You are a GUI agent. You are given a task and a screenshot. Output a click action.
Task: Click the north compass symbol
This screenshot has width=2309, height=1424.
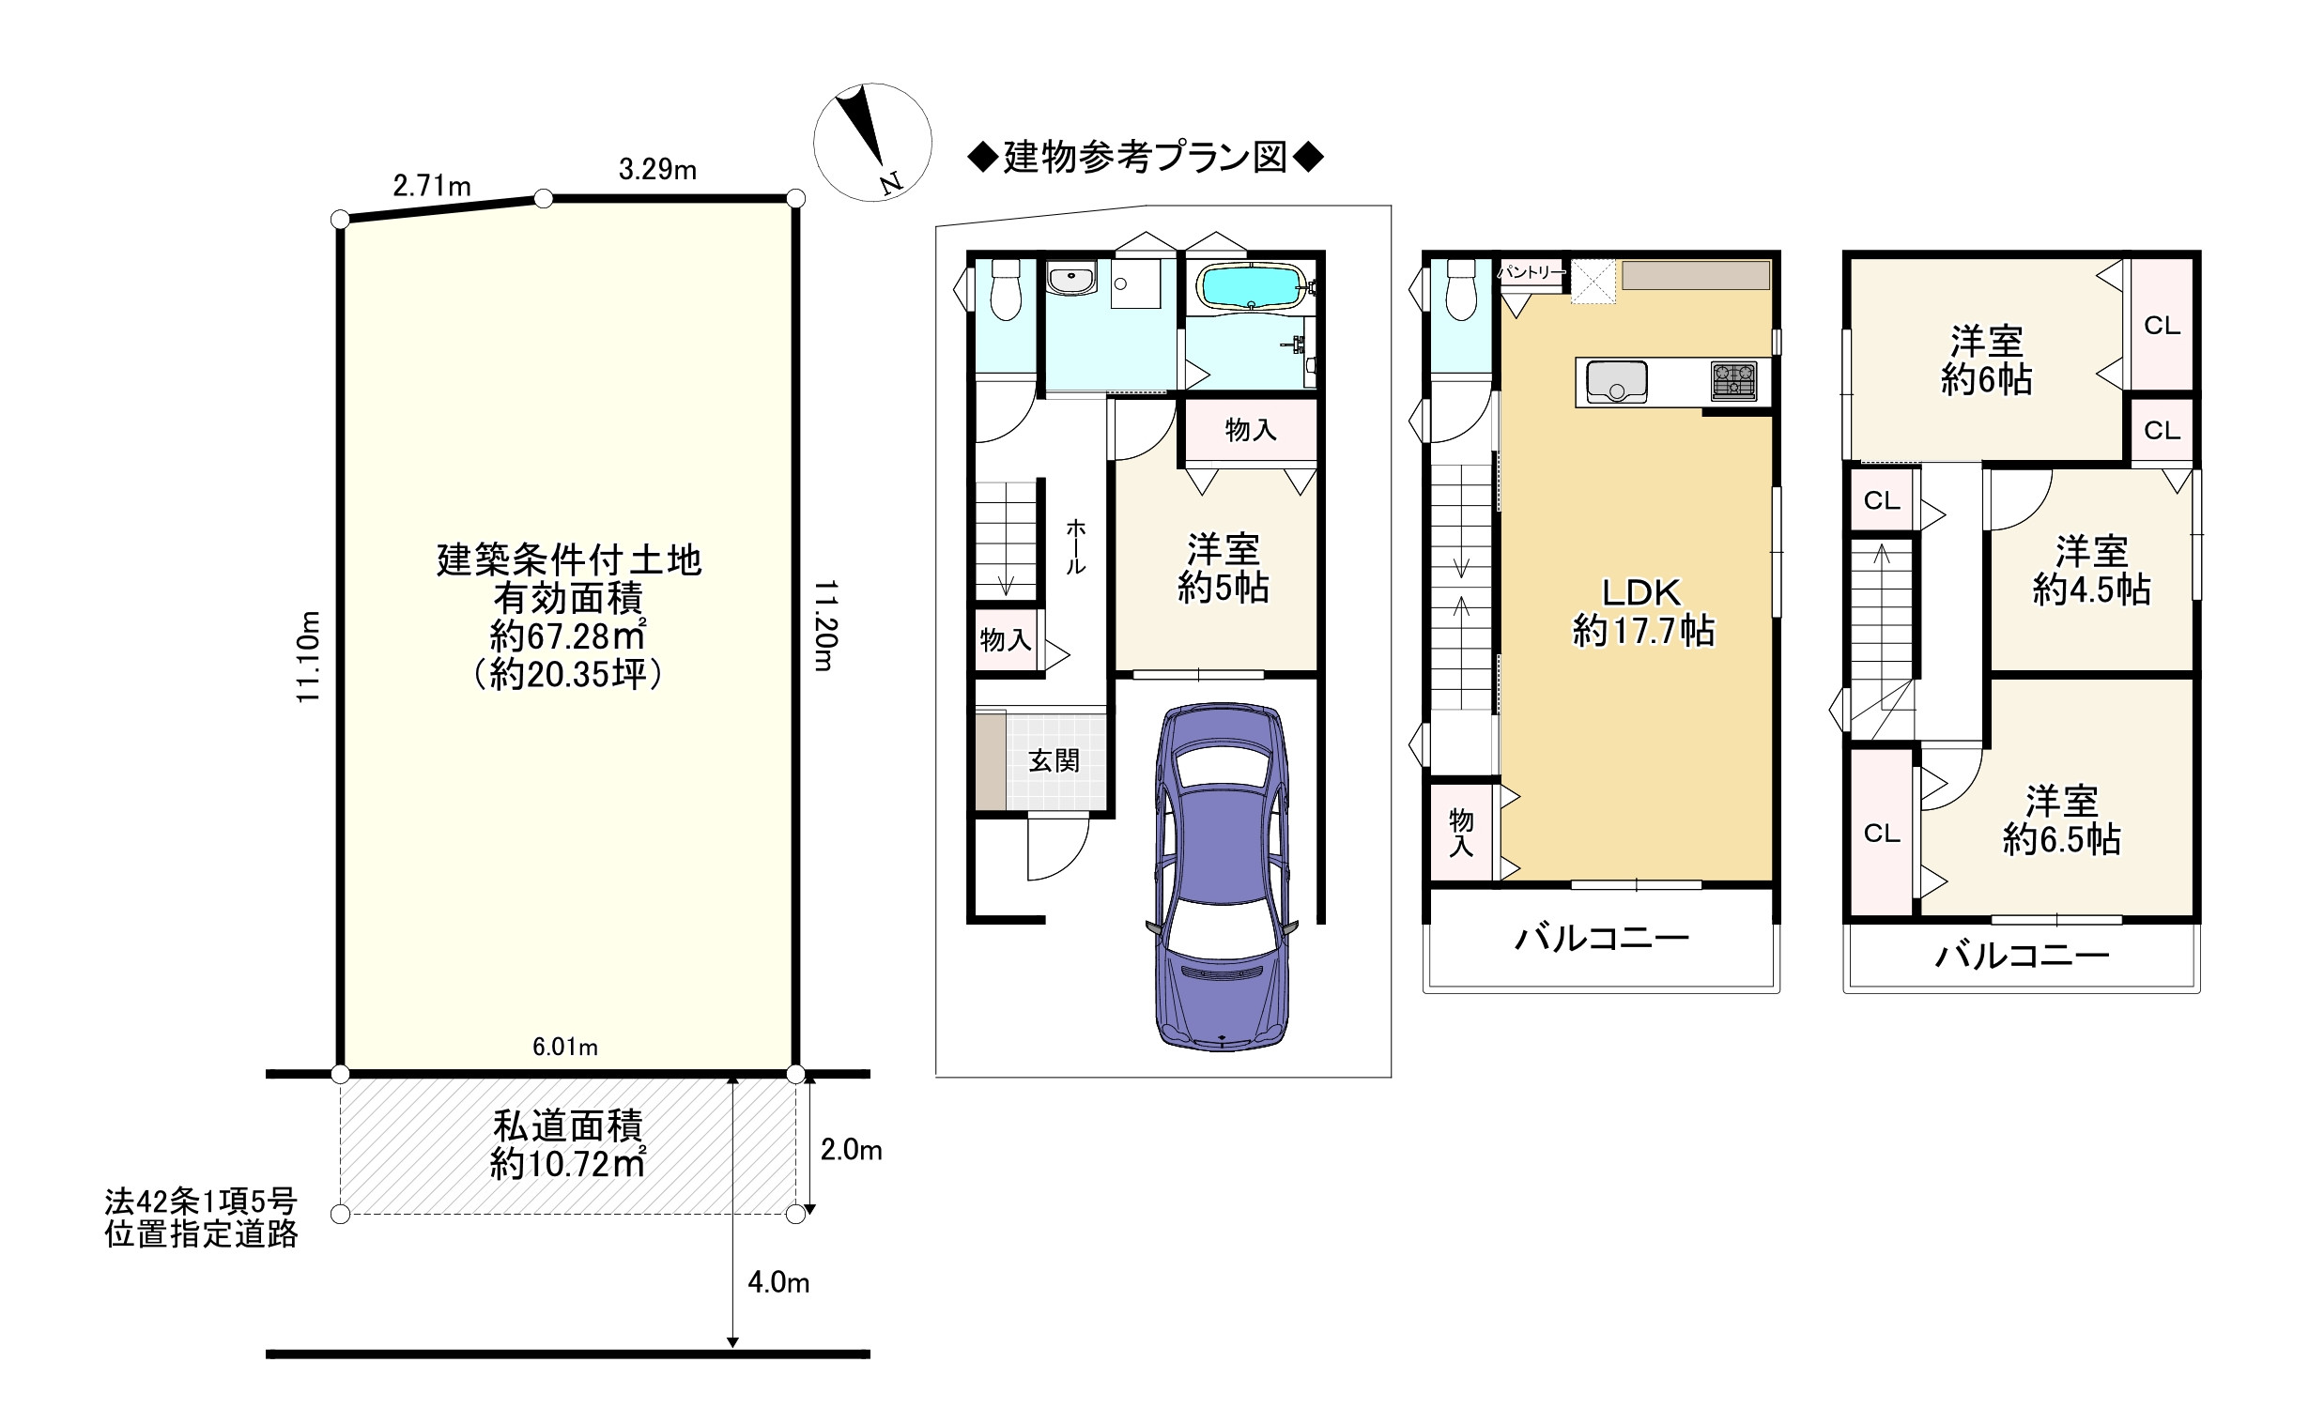pos(872,142)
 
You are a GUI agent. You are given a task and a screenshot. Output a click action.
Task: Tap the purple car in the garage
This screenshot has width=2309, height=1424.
pos(1222,876)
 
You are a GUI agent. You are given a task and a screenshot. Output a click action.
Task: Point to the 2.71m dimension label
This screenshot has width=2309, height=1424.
pos(431,186)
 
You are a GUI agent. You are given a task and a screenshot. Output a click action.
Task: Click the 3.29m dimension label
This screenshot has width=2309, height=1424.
pos(657,170)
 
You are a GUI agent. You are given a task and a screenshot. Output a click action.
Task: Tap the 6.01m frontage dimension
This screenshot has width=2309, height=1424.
pos(565,1048)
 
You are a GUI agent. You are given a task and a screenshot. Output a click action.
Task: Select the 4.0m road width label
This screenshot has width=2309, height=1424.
pos(778,1283)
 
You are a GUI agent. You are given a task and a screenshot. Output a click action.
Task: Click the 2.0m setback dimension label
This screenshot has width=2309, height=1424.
pos(851,1150)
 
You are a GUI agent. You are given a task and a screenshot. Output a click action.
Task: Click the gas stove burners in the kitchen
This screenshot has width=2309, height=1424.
pos(1733,380)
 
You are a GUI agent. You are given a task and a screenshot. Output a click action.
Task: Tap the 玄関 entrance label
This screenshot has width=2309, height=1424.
pos(1054,761)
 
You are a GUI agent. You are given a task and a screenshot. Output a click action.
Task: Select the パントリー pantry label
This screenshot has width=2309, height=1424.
pos(1531,272)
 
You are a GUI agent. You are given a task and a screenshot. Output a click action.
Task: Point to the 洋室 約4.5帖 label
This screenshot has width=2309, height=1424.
pos(2091,571)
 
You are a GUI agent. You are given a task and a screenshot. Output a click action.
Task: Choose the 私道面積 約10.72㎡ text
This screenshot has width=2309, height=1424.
pos(567,1145)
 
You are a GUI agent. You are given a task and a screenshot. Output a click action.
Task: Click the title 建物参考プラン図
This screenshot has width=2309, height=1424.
pos(1146,158)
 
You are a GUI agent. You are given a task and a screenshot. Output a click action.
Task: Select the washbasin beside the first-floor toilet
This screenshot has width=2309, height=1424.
pos(1071,280)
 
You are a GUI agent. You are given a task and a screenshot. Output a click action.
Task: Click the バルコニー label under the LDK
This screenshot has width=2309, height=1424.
pos(1602,938)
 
